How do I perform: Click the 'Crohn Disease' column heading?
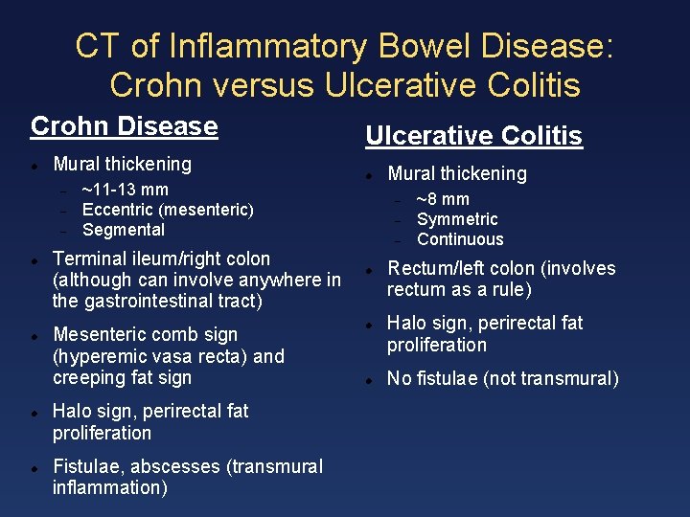125,126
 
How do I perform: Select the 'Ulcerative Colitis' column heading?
473,136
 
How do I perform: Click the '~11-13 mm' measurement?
126,190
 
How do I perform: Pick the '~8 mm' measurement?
443,199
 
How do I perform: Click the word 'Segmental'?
124,230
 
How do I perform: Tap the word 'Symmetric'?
457,219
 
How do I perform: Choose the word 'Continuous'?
460,239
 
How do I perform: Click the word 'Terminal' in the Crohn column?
90,258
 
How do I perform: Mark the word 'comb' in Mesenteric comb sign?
179,334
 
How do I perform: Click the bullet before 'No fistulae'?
367,380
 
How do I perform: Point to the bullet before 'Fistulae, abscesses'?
34,468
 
